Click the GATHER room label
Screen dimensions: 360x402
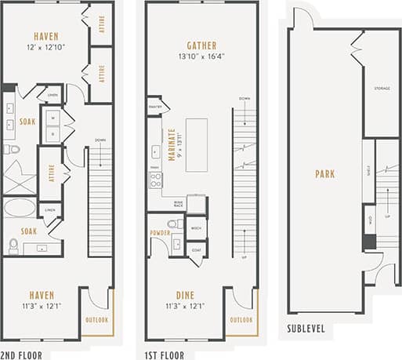click(201, 45)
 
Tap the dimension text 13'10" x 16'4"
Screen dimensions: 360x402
click(201, 56)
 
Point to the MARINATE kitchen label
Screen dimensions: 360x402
click(171, 143)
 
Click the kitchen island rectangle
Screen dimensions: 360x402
click(196, 144)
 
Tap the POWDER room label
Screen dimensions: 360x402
click(161, 233)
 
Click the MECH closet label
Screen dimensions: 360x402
click(196, 228)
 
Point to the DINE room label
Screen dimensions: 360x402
click(186, 294)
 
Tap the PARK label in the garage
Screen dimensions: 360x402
click(324, 174)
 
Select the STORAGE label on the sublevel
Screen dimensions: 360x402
click(382, 89)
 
